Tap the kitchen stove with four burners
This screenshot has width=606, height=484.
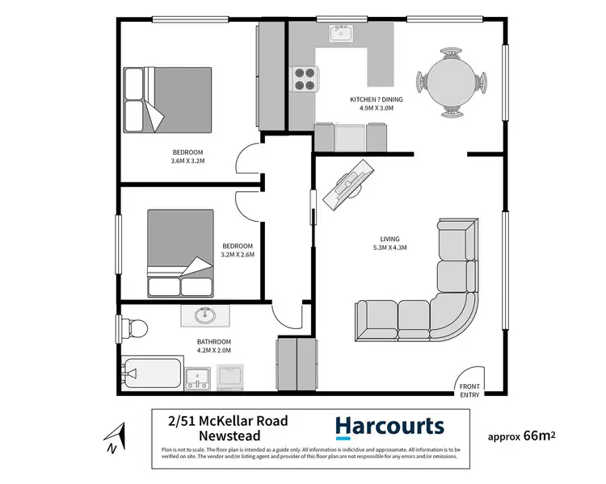tap(305, 78)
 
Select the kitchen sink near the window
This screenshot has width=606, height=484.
tap(339, 34)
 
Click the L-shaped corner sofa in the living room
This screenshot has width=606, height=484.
tap(436, 298)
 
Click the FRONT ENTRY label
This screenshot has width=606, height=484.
tap(469, 390)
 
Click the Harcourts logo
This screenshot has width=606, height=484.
tap(389, 426)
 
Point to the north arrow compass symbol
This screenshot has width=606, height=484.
tap(114, 437)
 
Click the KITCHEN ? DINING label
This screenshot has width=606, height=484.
tap(376, 99)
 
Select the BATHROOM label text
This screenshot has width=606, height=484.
tap(214, 341)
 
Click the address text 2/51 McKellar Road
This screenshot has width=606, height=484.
tap(227, 419)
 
